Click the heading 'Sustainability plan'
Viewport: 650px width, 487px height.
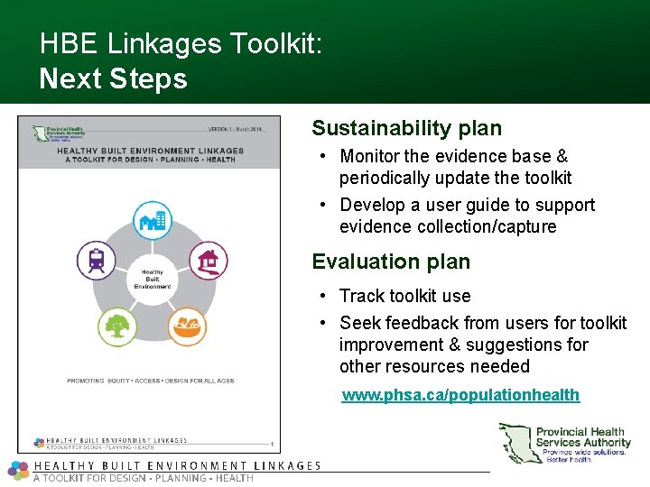(x=406, y=129)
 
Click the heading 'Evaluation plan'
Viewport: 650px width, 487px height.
(x=391, y=262)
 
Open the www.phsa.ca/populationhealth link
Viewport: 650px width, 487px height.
(x=460, y=395)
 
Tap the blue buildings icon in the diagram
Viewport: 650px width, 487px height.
(x=152, y=219)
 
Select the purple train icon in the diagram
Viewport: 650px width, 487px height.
(x=96, y=260)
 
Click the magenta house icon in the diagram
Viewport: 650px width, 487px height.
(x=208, y=260)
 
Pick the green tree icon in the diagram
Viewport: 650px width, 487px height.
(x=116, y=325)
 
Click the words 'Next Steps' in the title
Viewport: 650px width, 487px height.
(x=114, y=78)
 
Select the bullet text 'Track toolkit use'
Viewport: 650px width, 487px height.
(x=404, y=296)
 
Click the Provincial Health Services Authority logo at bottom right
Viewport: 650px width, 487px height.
(x=566, y=443)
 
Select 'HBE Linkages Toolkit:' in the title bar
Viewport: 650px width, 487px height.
(x=181, y=43)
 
